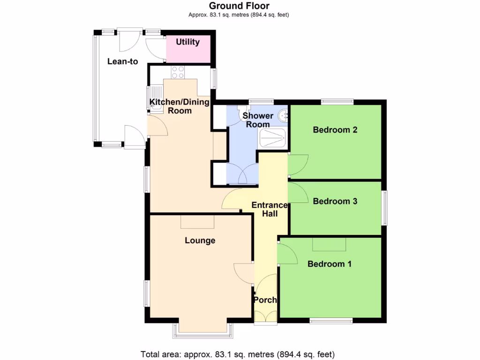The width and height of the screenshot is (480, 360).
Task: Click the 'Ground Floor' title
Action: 239,6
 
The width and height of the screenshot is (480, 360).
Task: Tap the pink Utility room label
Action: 188,42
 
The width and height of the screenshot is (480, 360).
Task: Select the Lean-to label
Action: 122,61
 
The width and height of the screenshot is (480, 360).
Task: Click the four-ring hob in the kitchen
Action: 178,72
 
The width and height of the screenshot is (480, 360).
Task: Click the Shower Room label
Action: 258,120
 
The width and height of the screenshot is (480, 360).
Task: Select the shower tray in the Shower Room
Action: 272,138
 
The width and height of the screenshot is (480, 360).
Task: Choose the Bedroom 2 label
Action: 335,130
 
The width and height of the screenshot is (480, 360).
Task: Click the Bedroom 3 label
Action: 335,202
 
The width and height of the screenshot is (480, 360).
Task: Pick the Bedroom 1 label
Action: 330,264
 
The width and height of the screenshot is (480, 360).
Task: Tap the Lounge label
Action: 200,240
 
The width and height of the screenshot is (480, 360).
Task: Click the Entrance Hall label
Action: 270,209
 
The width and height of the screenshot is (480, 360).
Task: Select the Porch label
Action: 265,300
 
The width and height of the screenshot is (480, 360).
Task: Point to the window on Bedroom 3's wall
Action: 384,208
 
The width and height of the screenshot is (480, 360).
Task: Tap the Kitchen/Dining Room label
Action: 179,106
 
